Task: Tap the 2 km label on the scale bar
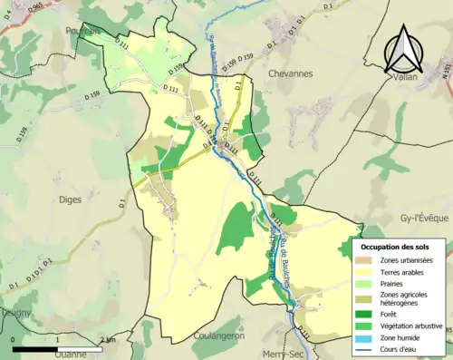(109, 339)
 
